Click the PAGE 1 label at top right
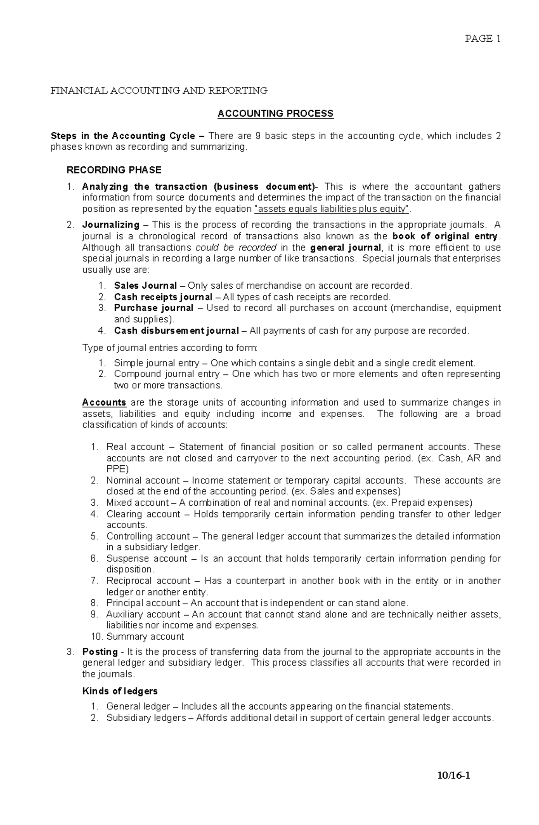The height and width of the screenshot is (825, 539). tap(482, 39)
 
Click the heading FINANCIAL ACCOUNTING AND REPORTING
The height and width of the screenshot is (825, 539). tap(159, 90)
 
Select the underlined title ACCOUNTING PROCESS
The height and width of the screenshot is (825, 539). tap(275, 114)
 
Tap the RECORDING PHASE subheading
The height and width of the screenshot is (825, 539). tap(114, 170)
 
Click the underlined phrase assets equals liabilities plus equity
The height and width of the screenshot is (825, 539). tap(332, 209)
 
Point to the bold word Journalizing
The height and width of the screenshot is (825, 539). tap(110, 225)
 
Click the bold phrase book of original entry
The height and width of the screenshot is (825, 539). tap(445, 236)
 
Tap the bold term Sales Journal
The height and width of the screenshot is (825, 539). tap(145, 285)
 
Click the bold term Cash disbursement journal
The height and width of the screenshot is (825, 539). tap(176, 330)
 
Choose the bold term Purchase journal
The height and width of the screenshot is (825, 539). tap(154, 308)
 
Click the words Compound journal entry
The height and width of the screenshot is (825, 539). tap(167, 374)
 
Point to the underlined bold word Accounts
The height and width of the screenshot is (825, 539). tap(104, 402)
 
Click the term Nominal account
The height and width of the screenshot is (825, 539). tap(143, 480)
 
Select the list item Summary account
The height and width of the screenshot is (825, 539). tap(145, 637)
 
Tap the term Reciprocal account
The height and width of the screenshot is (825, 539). tap(148, 581)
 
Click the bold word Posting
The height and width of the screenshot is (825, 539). tap(100, 652)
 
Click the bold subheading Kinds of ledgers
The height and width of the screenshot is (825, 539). tap(120, 691)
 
